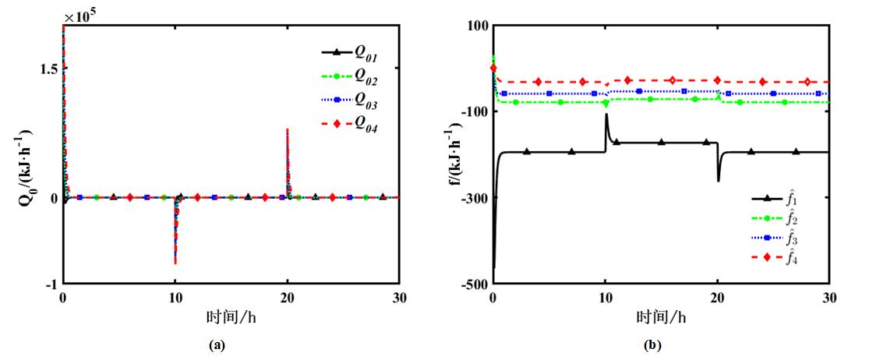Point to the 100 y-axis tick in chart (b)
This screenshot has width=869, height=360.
477,26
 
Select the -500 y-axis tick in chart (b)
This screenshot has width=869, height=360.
474,284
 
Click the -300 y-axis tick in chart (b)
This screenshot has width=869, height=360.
474,198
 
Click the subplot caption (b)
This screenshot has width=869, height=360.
653,344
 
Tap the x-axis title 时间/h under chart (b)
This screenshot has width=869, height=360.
660,316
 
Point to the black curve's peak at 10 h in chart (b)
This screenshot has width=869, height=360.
606,115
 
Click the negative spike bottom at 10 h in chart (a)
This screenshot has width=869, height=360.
175,263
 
